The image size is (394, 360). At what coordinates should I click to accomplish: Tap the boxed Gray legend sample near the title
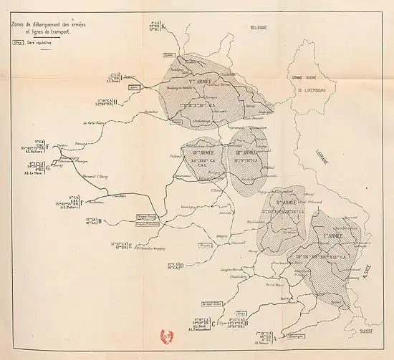[17, 42]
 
